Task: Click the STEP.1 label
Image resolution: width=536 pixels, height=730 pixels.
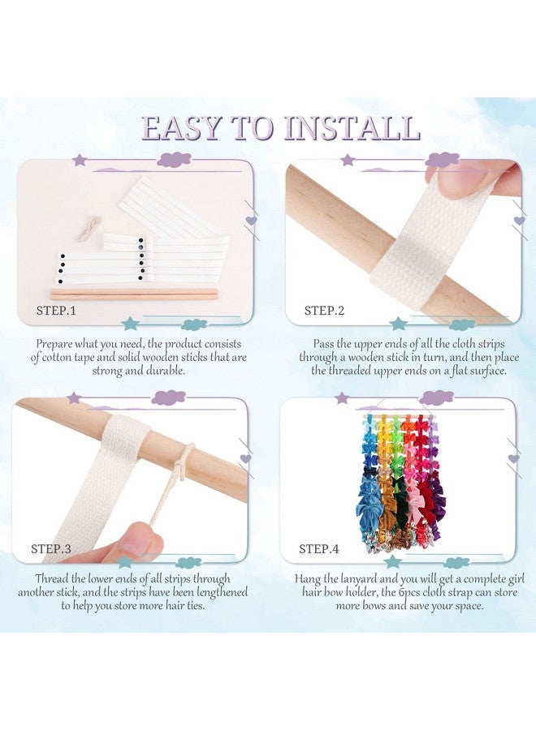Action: point(56,311)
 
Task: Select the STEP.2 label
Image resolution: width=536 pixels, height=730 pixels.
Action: point(324,311)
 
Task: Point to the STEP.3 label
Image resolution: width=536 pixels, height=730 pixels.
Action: point(51,548)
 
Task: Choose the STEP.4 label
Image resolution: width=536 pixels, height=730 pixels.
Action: point(319,548)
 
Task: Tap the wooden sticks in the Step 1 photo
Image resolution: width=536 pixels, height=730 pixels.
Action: point(133,294)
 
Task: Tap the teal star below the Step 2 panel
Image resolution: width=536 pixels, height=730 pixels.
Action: point(398,323)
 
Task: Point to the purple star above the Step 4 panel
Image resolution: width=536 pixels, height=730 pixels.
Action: point(343,398)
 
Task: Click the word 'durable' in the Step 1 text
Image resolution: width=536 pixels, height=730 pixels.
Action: point(165,371)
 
